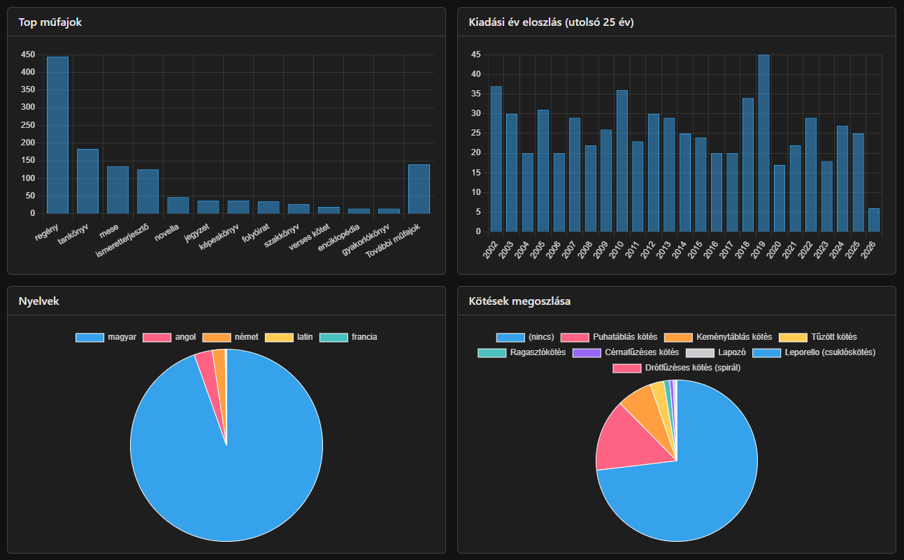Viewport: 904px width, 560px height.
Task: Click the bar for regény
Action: tap(57, 135)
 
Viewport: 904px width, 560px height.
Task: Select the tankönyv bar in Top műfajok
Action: tap(87, 181)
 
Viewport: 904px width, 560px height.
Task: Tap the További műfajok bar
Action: tap(419, 189)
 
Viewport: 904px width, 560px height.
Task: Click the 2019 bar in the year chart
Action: tap(763, 143)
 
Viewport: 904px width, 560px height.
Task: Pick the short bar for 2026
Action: tap(874, 220)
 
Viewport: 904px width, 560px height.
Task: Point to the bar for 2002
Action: tap(496, 159)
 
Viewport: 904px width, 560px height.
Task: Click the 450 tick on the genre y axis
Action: tap(28, 55)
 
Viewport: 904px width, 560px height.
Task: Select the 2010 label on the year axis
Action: tap(616, 250)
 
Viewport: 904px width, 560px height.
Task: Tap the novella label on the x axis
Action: tap(166, 233)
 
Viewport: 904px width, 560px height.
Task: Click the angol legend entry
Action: tap(169, 337)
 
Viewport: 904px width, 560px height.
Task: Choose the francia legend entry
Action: tap(348, 337)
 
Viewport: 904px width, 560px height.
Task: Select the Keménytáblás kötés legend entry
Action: tap(718, 337)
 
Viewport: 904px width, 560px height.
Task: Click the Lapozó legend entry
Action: tap(716, 352)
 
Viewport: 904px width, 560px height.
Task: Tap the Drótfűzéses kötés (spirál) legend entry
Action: tap(677, 368)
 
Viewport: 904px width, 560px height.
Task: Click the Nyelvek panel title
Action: tap(38, 301)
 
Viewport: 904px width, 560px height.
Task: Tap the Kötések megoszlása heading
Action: tap(519, 301)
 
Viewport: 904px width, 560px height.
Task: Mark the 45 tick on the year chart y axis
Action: tap(476, 55)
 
